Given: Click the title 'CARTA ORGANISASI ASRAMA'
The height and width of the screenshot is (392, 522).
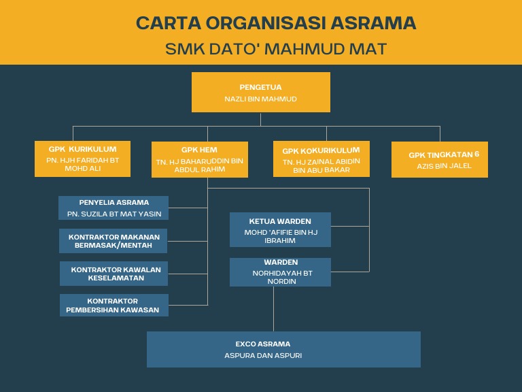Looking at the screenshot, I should pyautogui.click(x=276, y=22).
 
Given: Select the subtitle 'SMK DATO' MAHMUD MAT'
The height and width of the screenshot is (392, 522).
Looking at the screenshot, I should pyautogui.click(x=276, y=49).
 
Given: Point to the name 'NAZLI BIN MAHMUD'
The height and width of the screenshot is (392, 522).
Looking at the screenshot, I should pyautogui.click(x=260, y=99).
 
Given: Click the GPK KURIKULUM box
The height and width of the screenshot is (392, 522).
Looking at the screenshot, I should pyautogui.click(x=82, y=159).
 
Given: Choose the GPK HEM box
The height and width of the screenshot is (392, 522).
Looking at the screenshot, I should pyautogui.click(x=199, y=159).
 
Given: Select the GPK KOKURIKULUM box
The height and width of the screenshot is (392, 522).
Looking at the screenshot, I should pyautogui.click(x=321, y=159).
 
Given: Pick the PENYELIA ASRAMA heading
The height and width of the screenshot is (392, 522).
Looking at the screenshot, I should pyautogui.click(x=114, y=202).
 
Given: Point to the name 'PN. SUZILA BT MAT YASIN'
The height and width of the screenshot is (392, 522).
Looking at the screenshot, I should pyautogui.click(x=114, y=214).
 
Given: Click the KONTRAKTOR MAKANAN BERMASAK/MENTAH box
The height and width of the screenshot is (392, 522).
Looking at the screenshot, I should pyautogui.click(x=114, y=241).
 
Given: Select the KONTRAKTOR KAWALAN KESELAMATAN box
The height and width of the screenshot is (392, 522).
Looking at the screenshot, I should pyautogui.click(x=114, y=274).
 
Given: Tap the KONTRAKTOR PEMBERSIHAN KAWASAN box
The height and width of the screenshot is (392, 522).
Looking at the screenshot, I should pyautogui.click(x=114, y=306).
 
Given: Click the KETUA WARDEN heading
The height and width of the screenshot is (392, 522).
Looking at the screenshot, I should pyautogui.click(x=280, y=221).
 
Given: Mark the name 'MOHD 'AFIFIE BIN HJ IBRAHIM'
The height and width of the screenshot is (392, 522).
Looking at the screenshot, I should pyautogui.click(x=280, y=236).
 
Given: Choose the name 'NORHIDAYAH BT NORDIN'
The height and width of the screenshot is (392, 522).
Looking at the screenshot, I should pyautogui.click(x=280, y=276).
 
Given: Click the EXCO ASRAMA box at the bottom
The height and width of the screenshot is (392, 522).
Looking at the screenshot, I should pyautogui.click(x=283, y=344).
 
